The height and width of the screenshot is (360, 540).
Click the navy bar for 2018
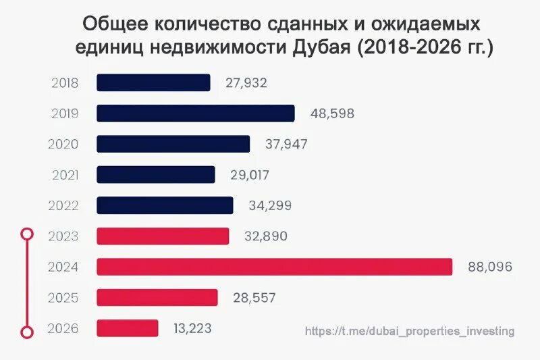[x=153, y=83]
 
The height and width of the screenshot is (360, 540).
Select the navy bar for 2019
[x=196, y=113]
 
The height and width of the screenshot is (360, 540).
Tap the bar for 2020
[x=173, y=144]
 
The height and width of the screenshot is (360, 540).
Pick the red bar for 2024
[x=274, y=267]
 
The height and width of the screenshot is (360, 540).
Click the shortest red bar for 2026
[x=128, y=328]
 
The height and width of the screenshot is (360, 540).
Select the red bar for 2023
[x=163, y=236]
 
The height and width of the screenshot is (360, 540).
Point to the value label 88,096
[x=490, y=267]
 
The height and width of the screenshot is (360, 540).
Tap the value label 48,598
[x=332, y=113]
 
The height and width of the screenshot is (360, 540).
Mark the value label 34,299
[x=270, y=205]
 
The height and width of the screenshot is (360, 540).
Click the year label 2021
[x=65, y=175]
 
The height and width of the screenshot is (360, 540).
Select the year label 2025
[x=63, y=298]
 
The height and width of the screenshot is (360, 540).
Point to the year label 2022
[x=64, y=205]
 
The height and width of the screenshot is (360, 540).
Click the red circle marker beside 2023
[x=26, y=234]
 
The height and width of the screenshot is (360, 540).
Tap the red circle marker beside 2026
[x=26, y=332]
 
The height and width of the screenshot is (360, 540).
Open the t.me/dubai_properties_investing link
[x=409, y=331]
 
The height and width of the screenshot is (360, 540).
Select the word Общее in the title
[x=116, y=24]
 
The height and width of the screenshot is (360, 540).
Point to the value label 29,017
[x=249, y=175]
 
